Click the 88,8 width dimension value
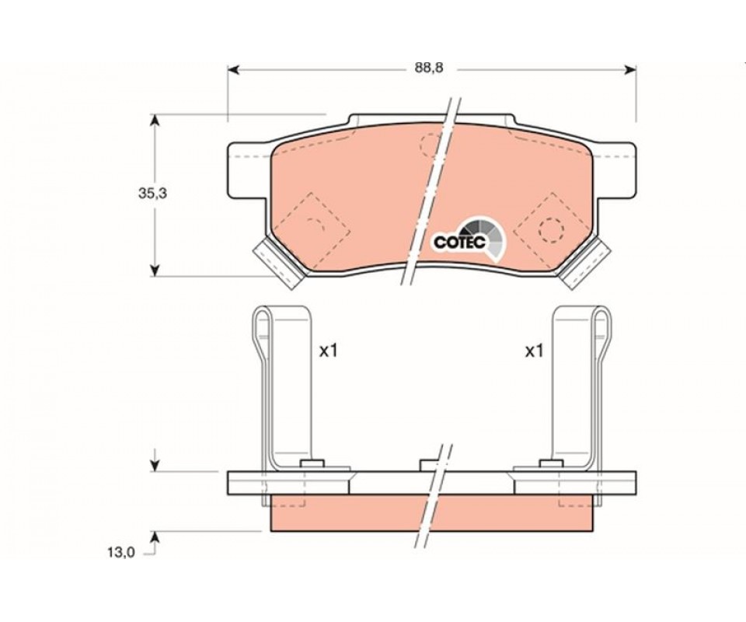click(x=429, y=68)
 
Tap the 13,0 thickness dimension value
click(x=121, y=553)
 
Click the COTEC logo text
click(x=459, y=243)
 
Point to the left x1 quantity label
click(x=328, y=351)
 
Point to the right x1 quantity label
click(x=534, y=351)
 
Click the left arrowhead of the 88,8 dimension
click(x=234, y=70)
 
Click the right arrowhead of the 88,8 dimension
click(x=630, y=70)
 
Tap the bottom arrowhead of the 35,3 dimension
click(x=154, y=271)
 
